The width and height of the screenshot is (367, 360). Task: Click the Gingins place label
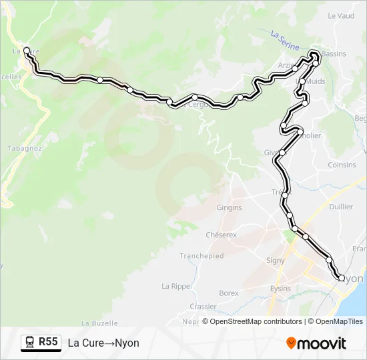[229, 207]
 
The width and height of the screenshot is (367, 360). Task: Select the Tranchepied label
[202, 256]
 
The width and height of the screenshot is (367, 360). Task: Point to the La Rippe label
[175, 286]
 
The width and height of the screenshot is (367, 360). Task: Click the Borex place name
[229, 293]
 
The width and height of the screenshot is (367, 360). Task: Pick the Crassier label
[203, 307]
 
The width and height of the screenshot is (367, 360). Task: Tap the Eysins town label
[280, 289]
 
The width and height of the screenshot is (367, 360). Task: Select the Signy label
[276, 260]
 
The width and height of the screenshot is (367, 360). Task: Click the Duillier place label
[341, 207]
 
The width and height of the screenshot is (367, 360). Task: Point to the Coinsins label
[342, 165]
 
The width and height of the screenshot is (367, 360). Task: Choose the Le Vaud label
[342, 15]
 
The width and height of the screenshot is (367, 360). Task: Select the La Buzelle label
[95, 323]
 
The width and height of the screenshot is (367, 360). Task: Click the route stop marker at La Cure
[27, 50]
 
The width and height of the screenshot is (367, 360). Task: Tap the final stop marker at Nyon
[341, 278]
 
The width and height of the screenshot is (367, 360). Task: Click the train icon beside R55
[30, 343]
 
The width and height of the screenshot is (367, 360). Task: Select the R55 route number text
[49, 342]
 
